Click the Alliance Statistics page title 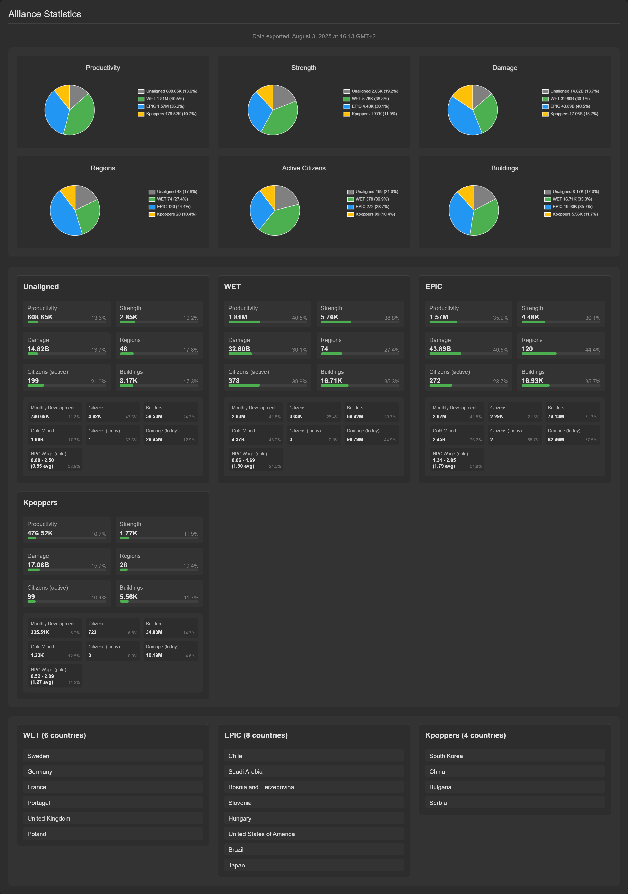click(45, 14)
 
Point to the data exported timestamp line click(314, 36)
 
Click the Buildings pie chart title click(504, 168)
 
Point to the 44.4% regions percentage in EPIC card click(593, 350)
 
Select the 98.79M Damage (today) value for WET click(355, 440)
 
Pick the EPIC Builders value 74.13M click(556, 417)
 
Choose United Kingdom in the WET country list click(49, 818)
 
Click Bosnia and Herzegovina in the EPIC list click(261, 787)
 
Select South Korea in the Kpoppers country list click(446, 756)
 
